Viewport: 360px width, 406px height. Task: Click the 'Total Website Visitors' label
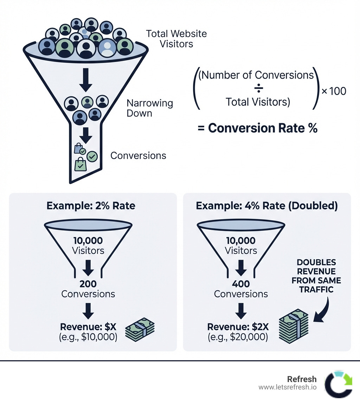point(176,39)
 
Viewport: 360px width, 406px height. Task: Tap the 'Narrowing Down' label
point(149,108)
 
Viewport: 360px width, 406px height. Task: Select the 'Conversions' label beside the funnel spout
point(138,156)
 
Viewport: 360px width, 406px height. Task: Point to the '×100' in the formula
point(334,91)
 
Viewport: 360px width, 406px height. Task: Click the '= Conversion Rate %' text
point(257,128)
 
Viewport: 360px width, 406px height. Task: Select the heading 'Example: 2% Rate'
point(91,205)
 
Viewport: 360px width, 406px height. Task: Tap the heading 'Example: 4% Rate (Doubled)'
point(267,205)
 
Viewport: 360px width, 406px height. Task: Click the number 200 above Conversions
point(88,284)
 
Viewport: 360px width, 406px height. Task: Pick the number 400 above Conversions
point(241,284)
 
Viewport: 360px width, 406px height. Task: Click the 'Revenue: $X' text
point(88,327)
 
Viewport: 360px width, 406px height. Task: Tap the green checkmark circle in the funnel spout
point(92,156)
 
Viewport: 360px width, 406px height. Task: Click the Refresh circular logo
point(338,385)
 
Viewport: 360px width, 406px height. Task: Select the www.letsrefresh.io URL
point(287,387)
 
